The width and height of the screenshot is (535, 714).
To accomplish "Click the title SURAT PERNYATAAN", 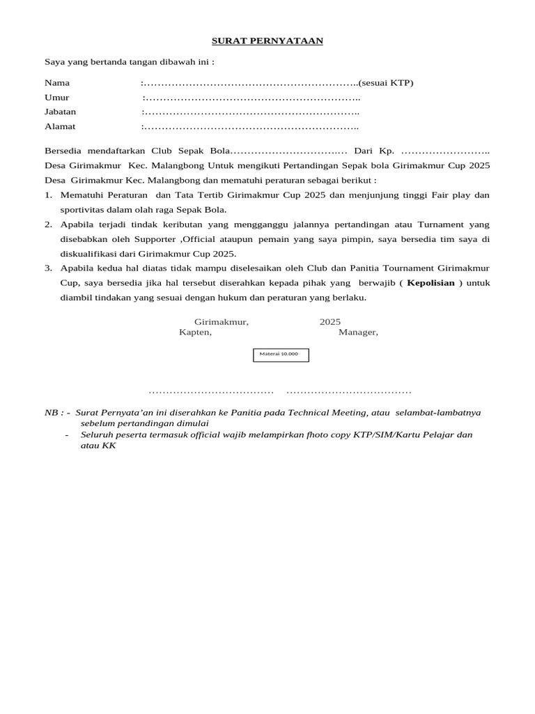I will click(267, 41).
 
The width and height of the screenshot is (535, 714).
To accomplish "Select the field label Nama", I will click(57, 83).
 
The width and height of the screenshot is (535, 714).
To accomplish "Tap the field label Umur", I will click(57, 98).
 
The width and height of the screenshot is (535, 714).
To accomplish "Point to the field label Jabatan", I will click(61, 112).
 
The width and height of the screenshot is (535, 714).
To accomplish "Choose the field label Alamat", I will click(60, 126).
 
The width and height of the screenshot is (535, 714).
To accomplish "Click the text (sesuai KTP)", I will click(386, 83).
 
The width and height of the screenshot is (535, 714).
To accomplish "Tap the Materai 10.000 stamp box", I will click(280, 355).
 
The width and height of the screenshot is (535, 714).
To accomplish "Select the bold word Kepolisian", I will click(431, 283).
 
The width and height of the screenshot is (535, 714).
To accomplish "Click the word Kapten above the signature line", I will click(195, 332).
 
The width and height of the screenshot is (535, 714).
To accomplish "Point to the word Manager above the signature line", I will click(358, 332).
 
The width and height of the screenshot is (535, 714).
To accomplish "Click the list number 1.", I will click(48, 195).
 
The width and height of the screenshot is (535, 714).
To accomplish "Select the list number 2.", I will click(48, 225).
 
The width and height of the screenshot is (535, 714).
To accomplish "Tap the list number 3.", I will click(48, 268).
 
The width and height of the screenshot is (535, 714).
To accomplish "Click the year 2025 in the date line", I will click(330, 322).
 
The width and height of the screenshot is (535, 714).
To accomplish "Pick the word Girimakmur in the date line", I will click(221, 322).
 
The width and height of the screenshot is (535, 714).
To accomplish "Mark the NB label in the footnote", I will click(54, 413).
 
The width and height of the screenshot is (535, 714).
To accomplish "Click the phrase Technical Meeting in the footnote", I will click(334, 413).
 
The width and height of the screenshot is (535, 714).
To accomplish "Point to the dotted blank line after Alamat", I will click(251, 127).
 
